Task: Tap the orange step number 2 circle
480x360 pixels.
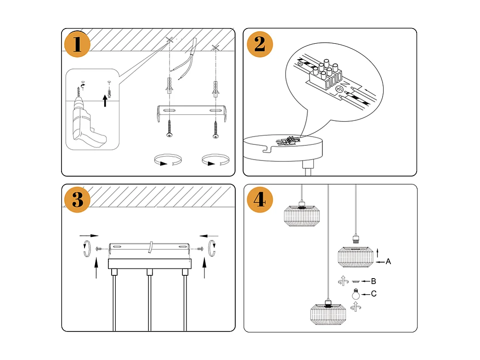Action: pyautogui.click(x=260, y=45)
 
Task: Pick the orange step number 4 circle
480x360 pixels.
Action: pyautogui.click(x=260, y=200)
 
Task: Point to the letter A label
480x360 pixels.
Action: pyautogui.click(x=388, y=262)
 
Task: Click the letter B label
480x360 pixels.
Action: pyautogui.click(x=373, y=281)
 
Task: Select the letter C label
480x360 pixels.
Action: pyautogui.click(x=373, y=294)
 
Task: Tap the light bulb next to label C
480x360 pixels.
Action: pyautogui.click(x=355, y=294)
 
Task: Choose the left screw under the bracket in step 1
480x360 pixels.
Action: pyautogui.click(x=169, y=129)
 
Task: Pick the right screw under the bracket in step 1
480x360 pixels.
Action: pyautogui.click(x=215, y=129)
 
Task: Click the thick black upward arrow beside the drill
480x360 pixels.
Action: pyautogui.click(x=105, y=100)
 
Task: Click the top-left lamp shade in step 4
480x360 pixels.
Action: pyautogui.click(x=301, y=215)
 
